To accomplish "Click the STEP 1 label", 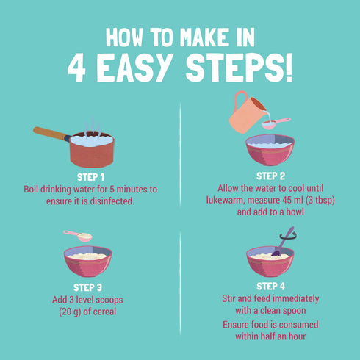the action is tap(90, 177).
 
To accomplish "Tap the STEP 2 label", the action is tap(270, 176).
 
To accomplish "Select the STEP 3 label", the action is tap(87, 287).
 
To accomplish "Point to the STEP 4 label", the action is tap(270, 287).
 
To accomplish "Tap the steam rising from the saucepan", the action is tap(93, 127).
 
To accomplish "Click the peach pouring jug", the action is tap(248, 112).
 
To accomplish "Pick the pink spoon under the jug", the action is tap(276, 123).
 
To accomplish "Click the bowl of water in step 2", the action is tap(270, 150).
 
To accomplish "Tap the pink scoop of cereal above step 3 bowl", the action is tap(78, 236).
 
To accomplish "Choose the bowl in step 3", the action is tap(87, 261).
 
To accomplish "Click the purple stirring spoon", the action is tap(283, 242).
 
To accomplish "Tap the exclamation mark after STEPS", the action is tap(289, 68).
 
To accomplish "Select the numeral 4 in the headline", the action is tap(76, 68).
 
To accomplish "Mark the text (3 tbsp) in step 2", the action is tap(320, 200).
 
